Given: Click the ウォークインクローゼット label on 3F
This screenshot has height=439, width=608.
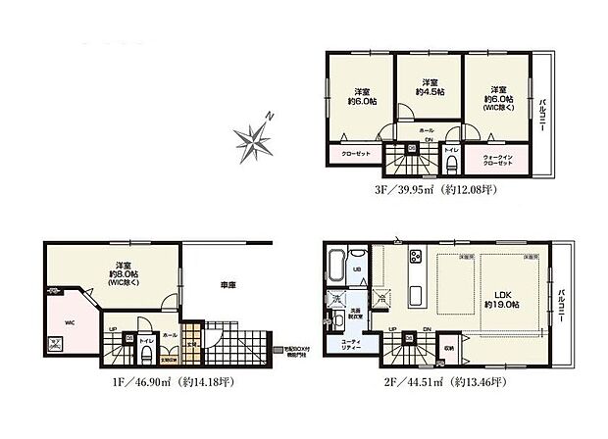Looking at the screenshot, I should coord(498,159).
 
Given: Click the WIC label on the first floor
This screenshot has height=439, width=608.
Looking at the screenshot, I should coord(70,319).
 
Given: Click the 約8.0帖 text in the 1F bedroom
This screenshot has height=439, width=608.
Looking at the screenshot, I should coord(123,274).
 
